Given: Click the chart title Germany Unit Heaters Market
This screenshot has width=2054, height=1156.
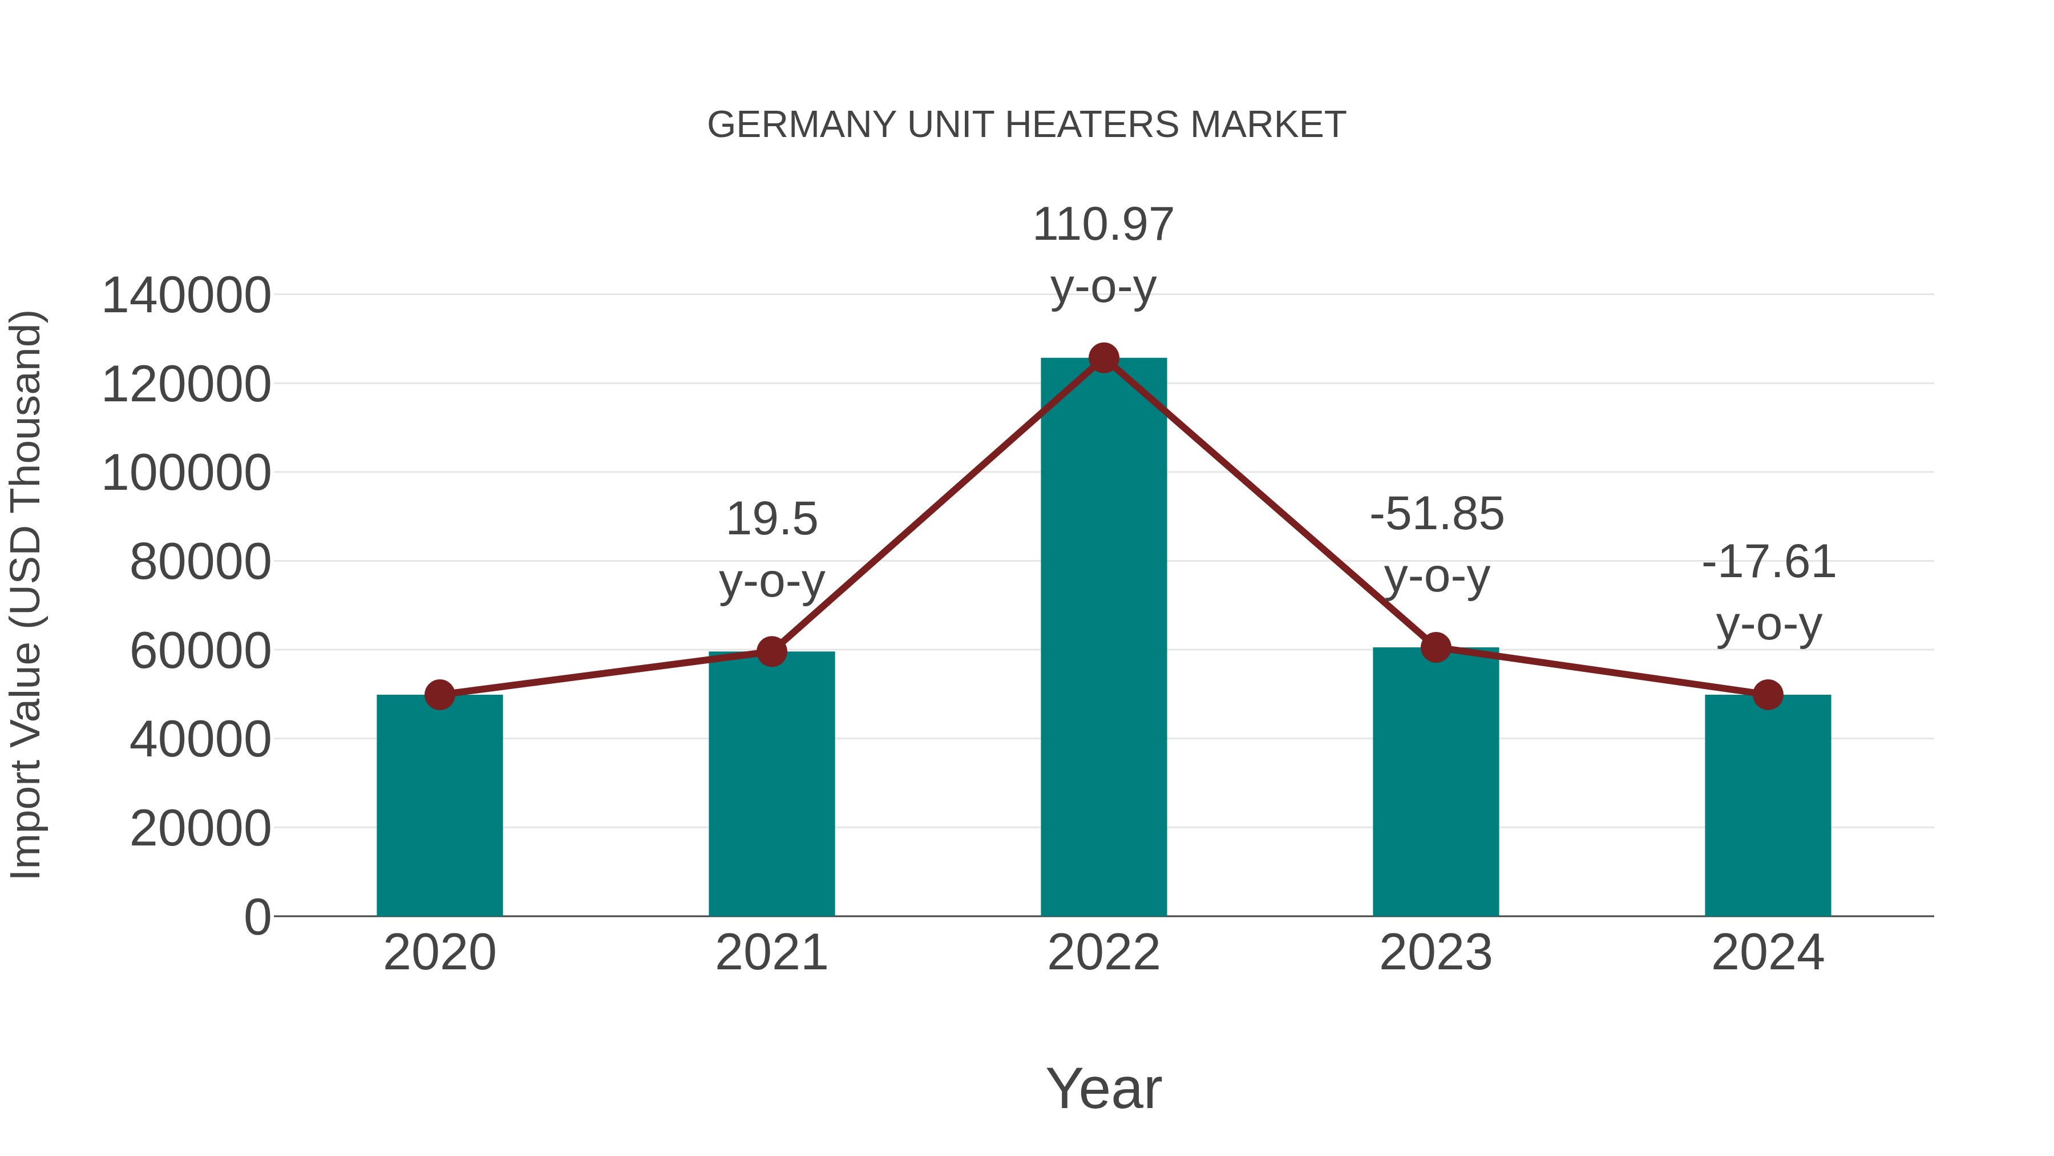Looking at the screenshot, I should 1026,125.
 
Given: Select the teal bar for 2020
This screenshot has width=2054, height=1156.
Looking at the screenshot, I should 439,805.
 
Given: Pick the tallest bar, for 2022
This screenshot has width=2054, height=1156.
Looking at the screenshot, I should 1103,638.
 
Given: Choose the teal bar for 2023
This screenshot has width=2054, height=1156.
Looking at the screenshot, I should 1436,782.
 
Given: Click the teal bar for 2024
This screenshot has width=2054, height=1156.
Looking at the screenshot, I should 1768,805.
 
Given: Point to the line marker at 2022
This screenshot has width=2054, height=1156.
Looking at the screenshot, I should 1103,358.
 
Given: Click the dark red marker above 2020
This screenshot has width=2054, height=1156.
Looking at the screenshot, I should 439,695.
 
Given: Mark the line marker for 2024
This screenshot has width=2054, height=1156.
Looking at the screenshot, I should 1768,695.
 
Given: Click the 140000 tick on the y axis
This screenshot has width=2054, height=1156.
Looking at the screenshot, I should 187,296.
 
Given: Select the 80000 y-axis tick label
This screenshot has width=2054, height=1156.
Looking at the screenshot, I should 200,562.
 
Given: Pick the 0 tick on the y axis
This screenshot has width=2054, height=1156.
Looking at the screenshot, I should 257,917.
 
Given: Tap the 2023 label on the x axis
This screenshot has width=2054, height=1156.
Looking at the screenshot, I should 1436,953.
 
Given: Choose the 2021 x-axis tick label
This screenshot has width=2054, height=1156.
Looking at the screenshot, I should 771,953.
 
